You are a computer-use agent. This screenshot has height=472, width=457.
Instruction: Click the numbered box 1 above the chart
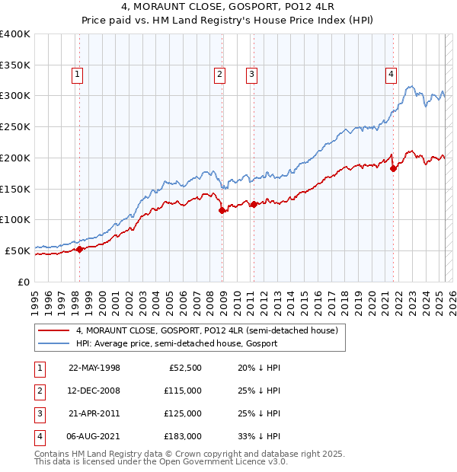(78, 75)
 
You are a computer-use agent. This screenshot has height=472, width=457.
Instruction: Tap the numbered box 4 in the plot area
(391, 75)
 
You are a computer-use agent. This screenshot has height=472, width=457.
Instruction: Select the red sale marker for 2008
(222, 211)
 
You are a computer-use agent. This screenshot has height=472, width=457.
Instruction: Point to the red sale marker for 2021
(393, 169)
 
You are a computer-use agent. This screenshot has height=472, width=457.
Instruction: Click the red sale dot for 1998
(79, 249)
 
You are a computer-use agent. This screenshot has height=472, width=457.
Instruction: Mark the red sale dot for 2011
(253, 204)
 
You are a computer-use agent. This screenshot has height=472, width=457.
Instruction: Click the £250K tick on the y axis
(14, 126)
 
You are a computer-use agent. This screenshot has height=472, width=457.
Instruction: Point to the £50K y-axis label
(18, 250)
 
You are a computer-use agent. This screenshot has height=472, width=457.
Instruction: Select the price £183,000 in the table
(183, 436)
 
